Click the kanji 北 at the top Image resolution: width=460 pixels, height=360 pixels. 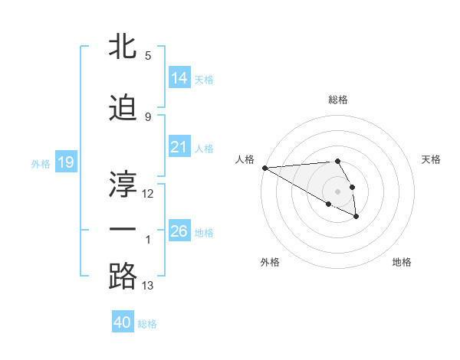123,45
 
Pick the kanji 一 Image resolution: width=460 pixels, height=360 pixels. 123,228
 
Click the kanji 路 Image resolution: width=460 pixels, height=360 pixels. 123,275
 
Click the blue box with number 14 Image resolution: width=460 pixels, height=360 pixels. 179,77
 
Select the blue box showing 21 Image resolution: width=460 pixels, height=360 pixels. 179,147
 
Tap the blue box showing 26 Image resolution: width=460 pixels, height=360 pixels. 179,231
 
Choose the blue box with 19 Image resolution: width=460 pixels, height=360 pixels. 65,162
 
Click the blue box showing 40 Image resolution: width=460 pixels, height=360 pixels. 123,322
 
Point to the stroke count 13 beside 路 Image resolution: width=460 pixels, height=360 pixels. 148,286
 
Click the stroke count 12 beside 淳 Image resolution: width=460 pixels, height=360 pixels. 148,193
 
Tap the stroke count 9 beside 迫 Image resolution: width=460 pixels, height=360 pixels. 148,116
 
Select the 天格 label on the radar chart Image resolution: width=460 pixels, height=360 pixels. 432,159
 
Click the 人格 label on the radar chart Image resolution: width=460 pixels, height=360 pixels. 245,159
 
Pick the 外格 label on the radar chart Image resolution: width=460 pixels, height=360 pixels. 270,262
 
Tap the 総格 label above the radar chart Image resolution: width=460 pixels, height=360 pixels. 338,100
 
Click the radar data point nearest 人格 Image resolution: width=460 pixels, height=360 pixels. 264,168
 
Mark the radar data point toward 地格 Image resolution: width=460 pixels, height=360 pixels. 356,218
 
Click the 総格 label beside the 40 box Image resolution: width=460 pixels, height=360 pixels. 148,324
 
